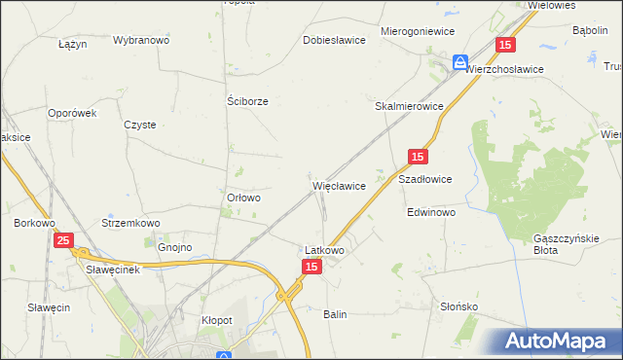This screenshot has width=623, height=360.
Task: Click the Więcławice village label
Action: [338, 185]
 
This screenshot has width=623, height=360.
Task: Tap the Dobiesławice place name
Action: [334, 40]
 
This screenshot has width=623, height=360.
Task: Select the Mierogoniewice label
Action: [419, 31]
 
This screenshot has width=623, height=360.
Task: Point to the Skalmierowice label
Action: [410, 106]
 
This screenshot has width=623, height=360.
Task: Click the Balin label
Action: [335, 314]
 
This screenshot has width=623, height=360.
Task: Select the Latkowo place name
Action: [324, 249]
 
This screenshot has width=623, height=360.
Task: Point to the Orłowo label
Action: [243, 198]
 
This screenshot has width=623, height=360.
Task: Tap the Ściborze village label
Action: [247, 100]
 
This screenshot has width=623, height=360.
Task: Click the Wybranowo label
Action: [141, 41]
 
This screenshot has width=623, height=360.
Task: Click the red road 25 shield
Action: [63, 240]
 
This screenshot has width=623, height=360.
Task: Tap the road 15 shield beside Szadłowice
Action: [418, 157]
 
